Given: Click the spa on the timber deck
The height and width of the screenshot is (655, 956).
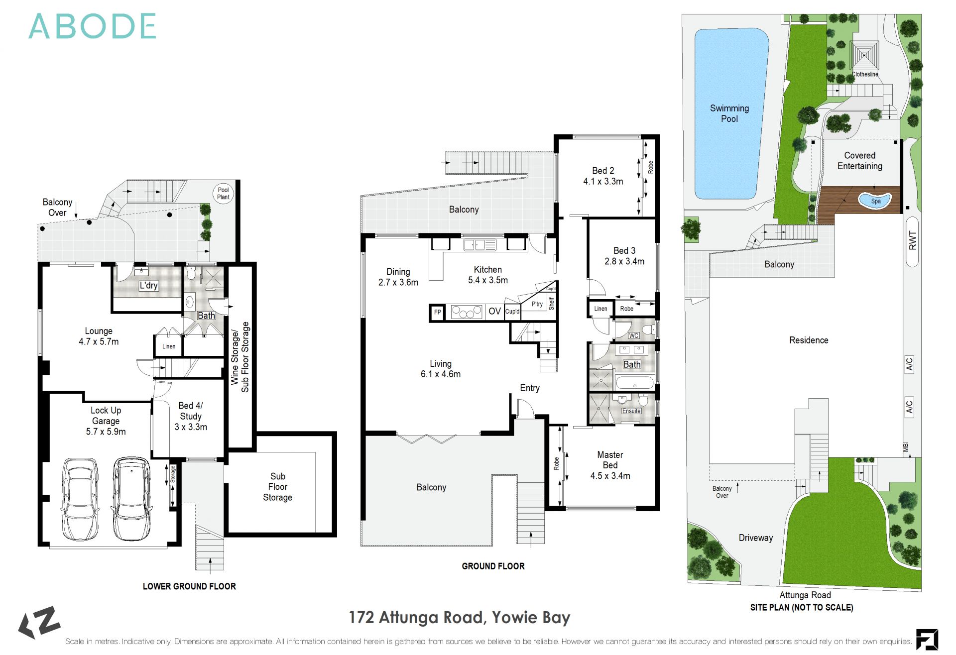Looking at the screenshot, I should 875,201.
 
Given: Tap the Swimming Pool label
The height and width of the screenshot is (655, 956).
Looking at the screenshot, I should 729,113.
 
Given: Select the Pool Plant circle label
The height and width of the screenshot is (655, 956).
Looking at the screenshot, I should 223,193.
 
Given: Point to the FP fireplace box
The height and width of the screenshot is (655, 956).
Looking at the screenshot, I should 437,313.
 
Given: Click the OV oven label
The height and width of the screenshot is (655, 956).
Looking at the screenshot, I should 494,312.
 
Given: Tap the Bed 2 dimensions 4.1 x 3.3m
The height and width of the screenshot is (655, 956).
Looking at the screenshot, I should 603,182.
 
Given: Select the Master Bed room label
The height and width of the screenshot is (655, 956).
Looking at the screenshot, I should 610,460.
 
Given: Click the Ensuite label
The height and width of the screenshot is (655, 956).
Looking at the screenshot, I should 631,411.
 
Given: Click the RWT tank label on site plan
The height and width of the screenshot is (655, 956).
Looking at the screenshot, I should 912,241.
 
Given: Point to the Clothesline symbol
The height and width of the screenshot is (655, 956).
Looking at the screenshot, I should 864,56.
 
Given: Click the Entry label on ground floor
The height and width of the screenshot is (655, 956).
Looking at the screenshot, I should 529,388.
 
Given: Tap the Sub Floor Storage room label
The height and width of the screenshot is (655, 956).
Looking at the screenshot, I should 277,487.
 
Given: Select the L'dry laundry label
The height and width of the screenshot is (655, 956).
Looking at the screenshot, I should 148,285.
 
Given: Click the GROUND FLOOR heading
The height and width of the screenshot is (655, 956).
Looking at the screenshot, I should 493,566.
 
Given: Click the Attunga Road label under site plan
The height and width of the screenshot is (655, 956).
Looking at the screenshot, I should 805,595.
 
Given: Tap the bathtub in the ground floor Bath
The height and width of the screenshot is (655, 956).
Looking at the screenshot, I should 634,383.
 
